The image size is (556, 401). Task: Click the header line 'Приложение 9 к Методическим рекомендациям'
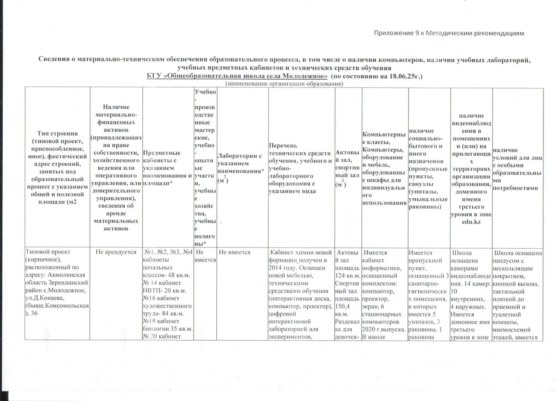click(x=449, y=33)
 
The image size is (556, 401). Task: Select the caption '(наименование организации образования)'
click(x=284, y=84)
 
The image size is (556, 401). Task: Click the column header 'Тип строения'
click(x=57, y=134)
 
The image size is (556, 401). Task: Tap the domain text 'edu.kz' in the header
click(x=471, y=221)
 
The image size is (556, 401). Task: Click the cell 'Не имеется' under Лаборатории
click(x=235, y=252)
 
